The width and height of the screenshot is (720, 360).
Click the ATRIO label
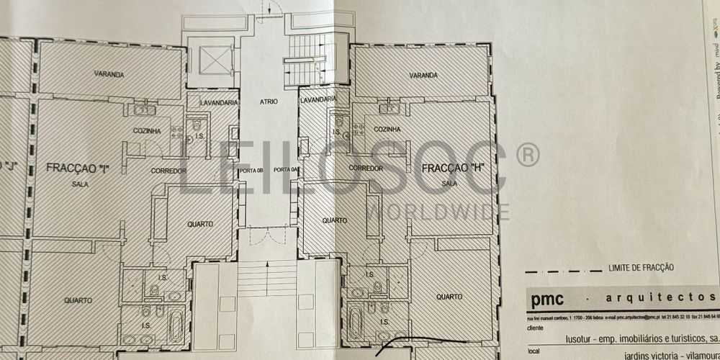pos(269,102)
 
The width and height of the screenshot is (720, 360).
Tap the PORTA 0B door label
pos(250,170)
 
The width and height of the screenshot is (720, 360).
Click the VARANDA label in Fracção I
pos(109,74)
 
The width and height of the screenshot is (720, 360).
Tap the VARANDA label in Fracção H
pos(423,76)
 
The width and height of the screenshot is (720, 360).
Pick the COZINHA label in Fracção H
pos(387,129)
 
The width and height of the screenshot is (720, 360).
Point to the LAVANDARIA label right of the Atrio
pos(318,99)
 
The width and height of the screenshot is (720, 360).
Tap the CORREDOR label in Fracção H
pos(364,167)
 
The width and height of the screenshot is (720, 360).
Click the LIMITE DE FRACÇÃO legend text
pos(641,267)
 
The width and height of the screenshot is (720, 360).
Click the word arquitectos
pos(677,299)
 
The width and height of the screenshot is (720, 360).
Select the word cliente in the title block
pos(536,326)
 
